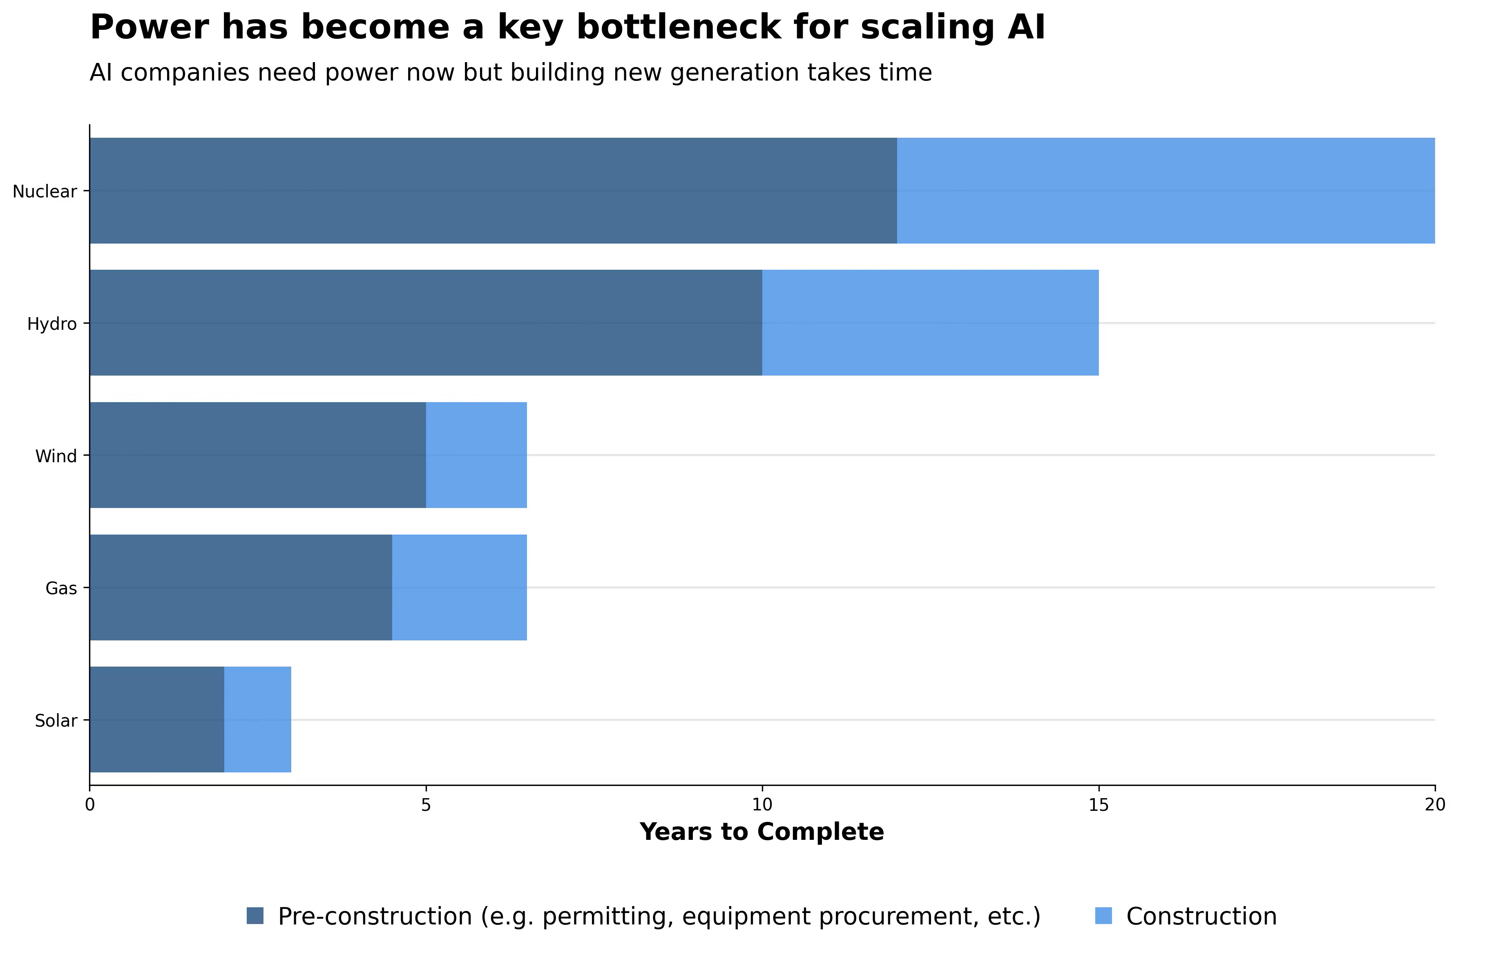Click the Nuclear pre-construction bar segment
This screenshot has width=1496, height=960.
(x=493, y=191)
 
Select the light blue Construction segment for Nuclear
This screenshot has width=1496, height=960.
(x=1166, y=191)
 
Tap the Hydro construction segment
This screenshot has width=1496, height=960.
(x=930, y=323)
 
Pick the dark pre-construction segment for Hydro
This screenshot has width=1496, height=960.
(x=426, y=323)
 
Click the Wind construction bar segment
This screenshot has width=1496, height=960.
(x=477, y=455)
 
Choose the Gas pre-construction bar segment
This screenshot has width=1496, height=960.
(x=241, y=587)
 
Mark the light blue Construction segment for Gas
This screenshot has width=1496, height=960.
(x=460, y=587)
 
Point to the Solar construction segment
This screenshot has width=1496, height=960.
(x=258, y=719)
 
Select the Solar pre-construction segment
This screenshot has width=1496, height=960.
(x=157, y=719)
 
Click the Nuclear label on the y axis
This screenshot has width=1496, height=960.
(x=45, y=191)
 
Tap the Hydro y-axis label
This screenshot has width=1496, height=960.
(x=52, y=324)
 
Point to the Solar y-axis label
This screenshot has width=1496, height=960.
(x=56, y=721)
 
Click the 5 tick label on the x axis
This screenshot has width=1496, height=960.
(x=426, y=805)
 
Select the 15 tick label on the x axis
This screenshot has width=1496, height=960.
(x=1099, y=805)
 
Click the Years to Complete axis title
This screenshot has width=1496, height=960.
(x=762, y=832)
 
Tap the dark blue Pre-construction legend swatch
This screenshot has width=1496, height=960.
(x=255, y=916)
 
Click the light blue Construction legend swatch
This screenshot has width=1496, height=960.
(x=1103, y=916)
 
